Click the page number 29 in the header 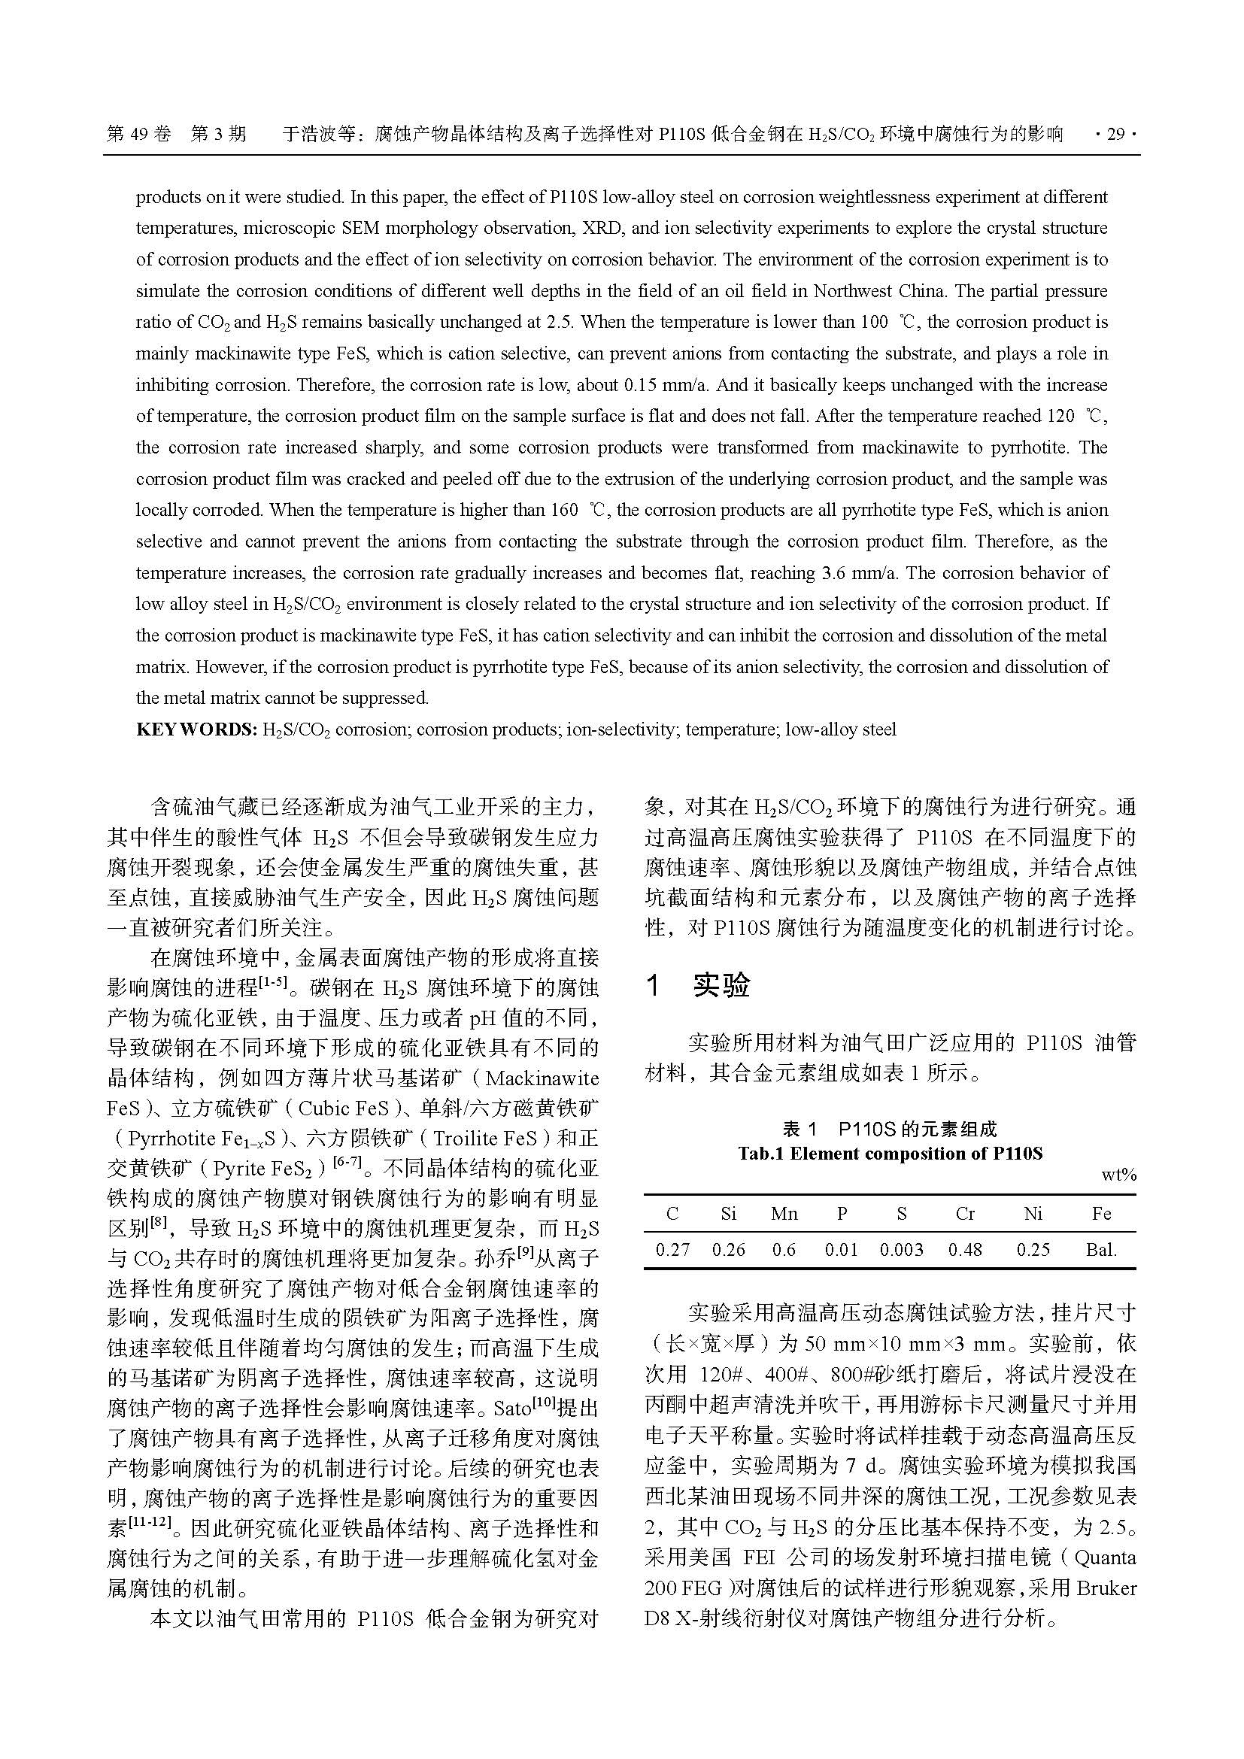click(1115, 135)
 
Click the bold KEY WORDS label click(196, 729)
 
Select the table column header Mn click(784, 1214)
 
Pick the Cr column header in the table click(964, 1214)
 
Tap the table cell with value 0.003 click(901, 1250)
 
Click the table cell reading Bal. click(1101, 1250)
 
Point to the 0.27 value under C click(672, 1250)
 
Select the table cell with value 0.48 click(964, 1250)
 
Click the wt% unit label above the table click(1118, 1175)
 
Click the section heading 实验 click(721, 986)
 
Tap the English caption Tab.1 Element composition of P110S click(889, 1154)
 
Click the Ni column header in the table click(1033, 1214)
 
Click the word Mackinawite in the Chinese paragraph click(542, 1078)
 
